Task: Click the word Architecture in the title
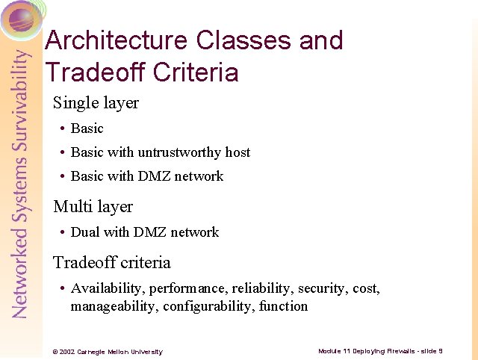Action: click(120, 40)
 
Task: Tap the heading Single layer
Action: click(96, 103)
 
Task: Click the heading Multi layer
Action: click(93, 206)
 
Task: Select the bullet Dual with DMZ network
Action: click(144, 232)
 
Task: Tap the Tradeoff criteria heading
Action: click(111, 263)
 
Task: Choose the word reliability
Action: click(262, 288)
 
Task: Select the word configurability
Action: click(208, 306)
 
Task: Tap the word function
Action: click(283, 306)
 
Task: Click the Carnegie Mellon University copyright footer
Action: click(107, 352)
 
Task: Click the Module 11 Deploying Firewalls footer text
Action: click(380, 351)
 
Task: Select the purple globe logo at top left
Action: click(22, 18)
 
